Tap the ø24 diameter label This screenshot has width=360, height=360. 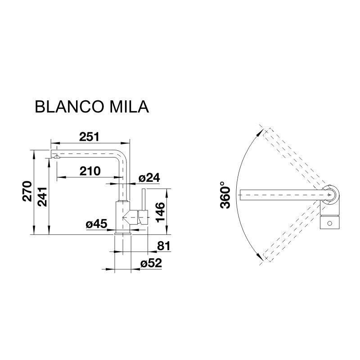tap(149, 178)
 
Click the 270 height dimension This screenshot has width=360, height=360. tap(27, 192)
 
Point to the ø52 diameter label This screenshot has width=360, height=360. tap(150, 264)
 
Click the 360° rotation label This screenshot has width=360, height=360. tap(226, 195)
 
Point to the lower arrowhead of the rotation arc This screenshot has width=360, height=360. tap(260, 257)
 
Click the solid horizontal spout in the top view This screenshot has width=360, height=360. tap(279, 195)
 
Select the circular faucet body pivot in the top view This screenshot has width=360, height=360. tap(331, 195)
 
